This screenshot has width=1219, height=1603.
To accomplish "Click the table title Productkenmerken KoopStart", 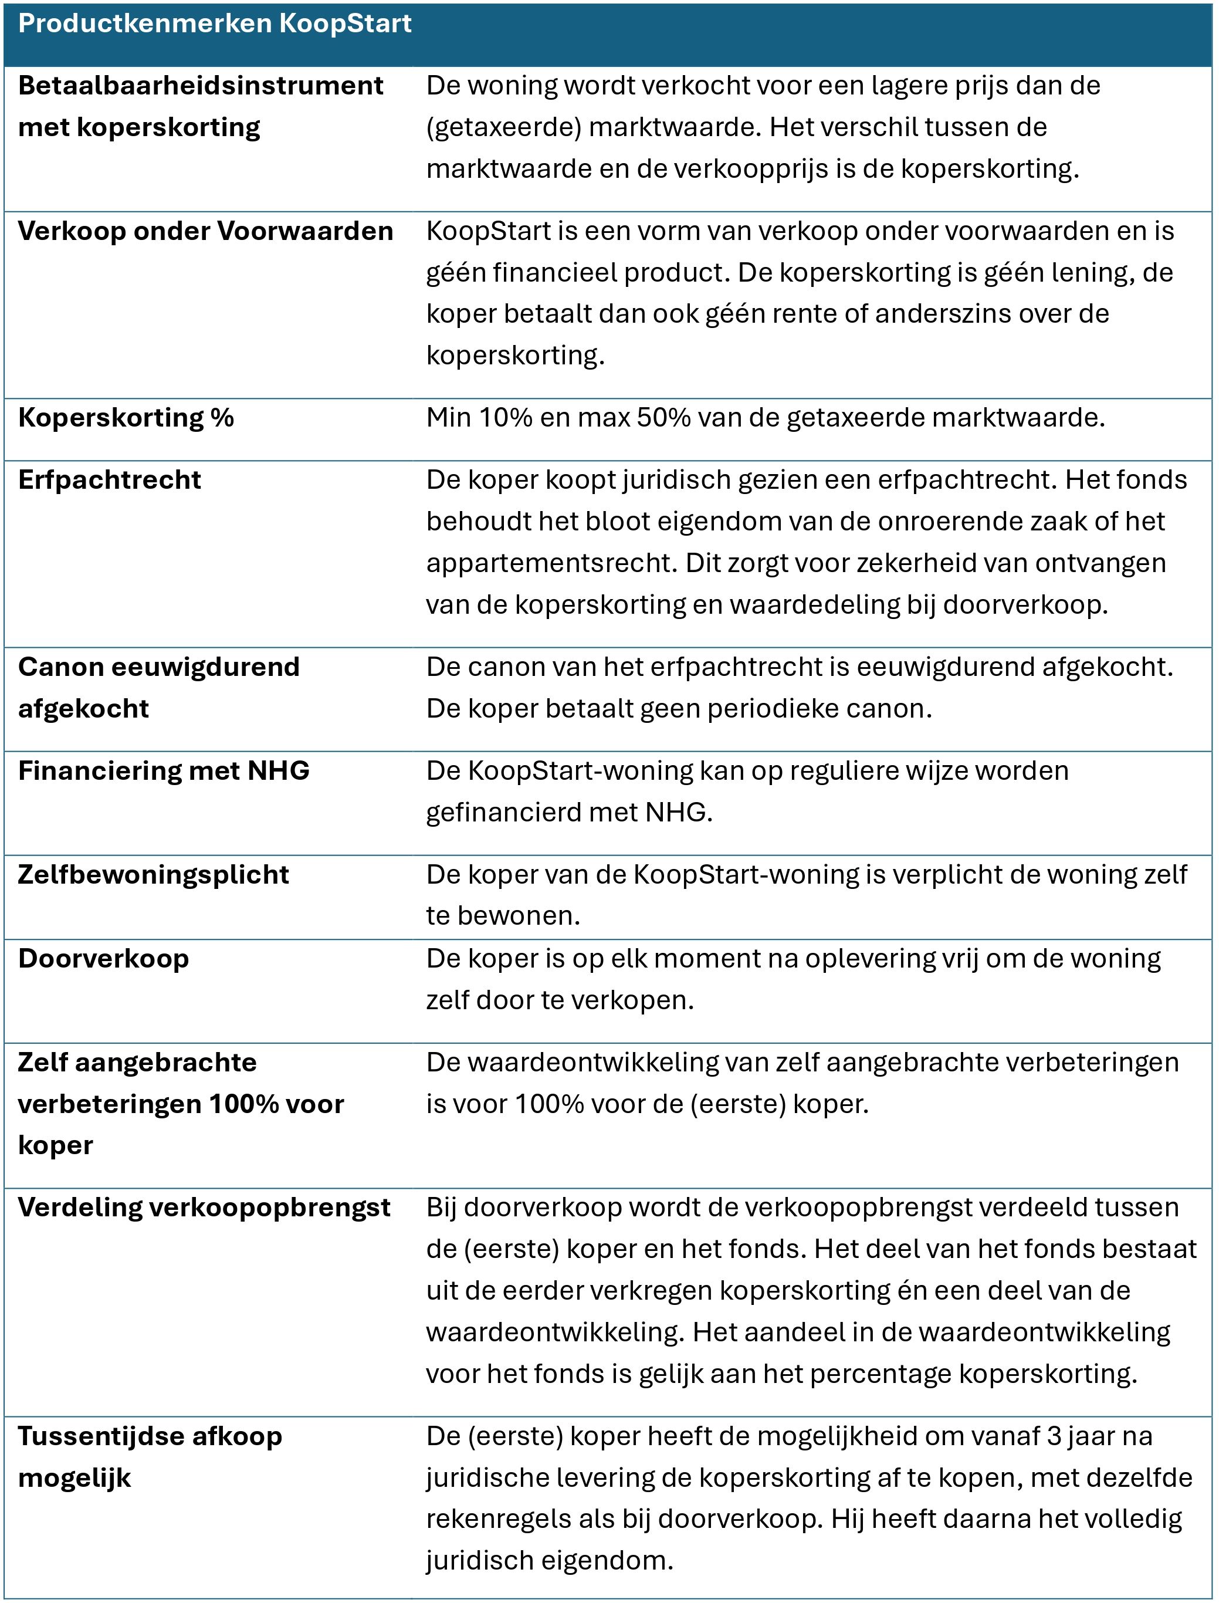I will pyautogui.click(x=215, y=24).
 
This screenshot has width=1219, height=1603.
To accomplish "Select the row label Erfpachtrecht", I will pyautogui.click(x=110, y=479).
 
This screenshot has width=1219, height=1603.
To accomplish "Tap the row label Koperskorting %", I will pyautogui.click(x=126, y=417).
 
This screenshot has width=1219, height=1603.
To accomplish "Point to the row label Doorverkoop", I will pyautogui.click(x=103, y=958).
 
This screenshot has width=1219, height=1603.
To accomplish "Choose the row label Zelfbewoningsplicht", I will pyautogui.click(x=153, y=874).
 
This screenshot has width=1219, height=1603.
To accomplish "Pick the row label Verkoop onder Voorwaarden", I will pyautogui.click(x=205, y=231).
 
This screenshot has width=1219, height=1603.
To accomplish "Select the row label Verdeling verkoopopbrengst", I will pyautogui.click(x=204, y=1207).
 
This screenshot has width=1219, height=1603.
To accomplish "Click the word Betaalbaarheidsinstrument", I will pyautogui.click(x=200, y=86).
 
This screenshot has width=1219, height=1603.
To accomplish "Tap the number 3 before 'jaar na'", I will pyautogui.click(x=1054, y=1435).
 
